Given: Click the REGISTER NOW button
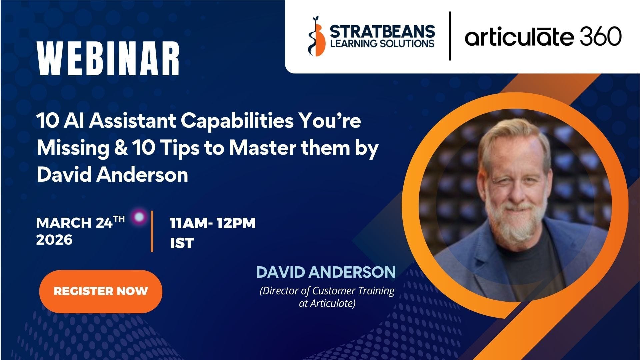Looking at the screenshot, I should [101, 291].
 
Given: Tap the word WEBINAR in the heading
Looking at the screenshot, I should [108, 59].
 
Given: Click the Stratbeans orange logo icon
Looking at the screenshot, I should [317, 37].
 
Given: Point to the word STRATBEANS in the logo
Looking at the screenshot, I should [382, 32].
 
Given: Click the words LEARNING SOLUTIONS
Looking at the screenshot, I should [382, 43].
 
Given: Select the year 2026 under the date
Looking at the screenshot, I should [54, 240].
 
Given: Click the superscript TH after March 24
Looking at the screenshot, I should [119, 219].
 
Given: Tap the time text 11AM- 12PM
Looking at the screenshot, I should [212, 223].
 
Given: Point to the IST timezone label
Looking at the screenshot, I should [182, 243].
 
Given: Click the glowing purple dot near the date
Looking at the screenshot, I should [139, 217].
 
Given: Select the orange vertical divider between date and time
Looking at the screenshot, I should [152, 231].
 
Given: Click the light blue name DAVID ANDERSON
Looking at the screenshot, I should [326, 272].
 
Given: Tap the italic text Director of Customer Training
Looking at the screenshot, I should [327, 291].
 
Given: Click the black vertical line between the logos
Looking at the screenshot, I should [450, 36].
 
